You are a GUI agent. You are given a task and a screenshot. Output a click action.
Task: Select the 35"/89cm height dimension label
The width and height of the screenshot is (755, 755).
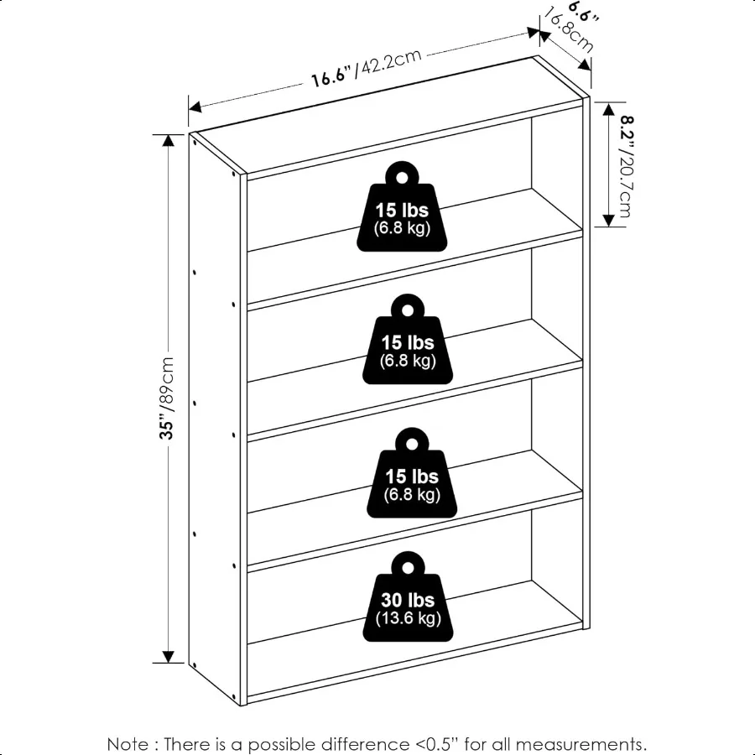point(168,398)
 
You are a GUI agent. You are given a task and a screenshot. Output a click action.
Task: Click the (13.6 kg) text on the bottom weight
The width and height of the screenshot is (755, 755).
point(408,619)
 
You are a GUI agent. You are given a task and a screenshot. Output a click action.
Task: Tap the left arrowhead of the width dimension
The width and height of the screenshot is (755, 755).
point(194,107)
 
